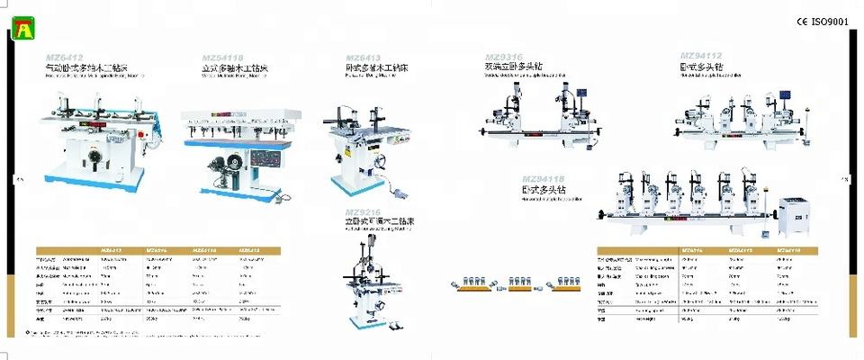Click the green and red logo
pyautogui.click(x=21, y=31)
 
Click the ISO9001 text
pyautogui.click(x=829, y=22)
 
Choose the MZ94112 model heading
pyautogui.click(x=701, y=56)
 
